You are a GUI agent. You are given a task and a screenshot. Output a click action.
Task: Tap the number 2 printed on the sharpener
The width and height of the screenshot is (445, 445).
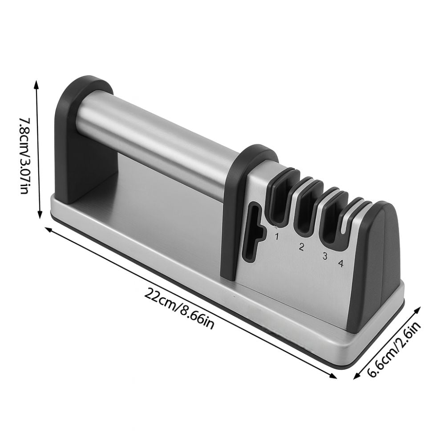pos(301,247)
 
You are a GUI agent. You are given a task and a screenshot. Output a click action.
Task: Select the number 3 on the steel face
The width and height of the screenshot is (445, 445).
pos(325,256)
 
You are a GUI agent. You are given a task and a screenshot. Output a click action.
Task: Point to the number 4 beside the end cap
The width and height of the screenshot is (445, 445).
pos(340,263)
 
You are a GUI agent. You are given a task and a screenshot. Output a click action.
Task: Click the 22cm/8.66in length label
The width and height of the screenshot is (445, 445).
pos(179,308)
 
